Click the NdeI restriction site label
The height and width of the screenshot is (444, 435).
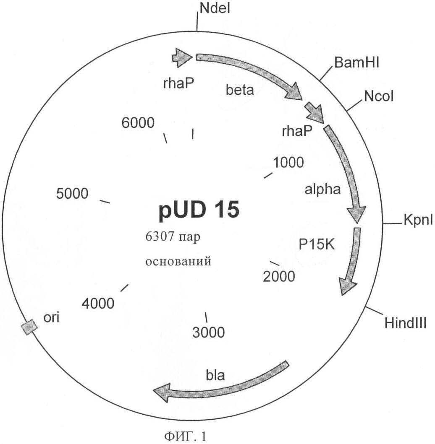[215, 8]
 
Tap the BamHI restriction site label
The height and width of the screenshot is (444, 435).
[356, 62]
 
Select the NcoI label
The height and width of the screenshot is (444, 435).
[379, 96]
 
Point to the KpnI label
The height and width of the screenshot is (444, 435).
[418, 220]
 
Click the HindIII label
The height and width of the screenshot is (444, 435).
[406, 323]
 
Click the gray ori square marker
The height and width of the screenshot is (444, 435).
[29, 327]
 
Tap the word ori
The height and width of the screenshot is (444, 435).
[51, 317]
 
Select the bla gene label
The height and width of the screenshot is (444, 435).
[215, 375]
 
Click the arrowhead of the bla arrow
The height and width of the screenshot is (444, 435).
[162, 393]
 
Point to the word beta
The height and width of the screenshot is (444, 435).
[240, 90]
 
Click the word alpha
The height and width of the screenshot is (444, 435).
[323, 189]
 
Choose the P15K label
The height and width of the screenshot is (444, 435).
[317, 244]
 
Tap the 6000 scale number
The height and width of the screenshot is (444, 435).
[138, 122]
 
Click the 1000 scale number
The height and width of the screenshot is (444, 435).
[288, 162]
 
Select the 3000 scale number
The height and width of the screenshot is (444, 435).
[208, 332]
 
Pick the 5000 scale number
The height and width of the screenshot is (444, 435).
[72, 194]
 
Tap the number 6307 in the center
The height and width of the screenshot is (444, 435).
[160, 236]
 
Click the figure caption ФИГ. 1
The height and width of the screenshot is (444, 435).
[186, 436]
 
